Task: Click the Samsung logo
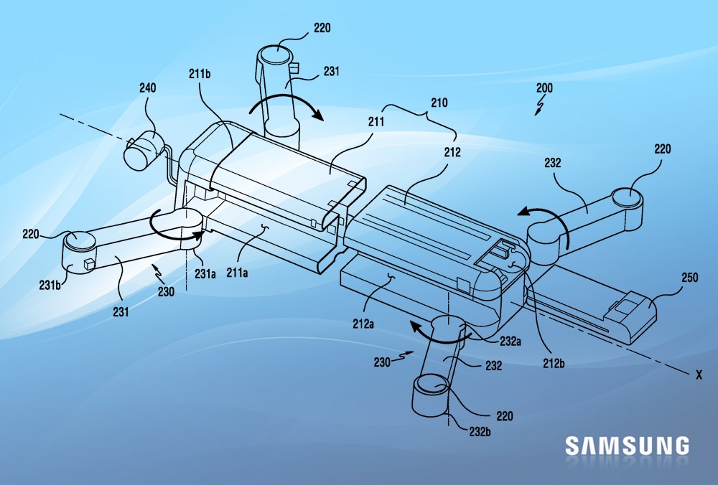627,445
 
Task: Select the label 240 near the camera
148,89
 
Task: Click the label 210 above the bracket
438,103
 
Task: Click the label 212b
553,364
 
